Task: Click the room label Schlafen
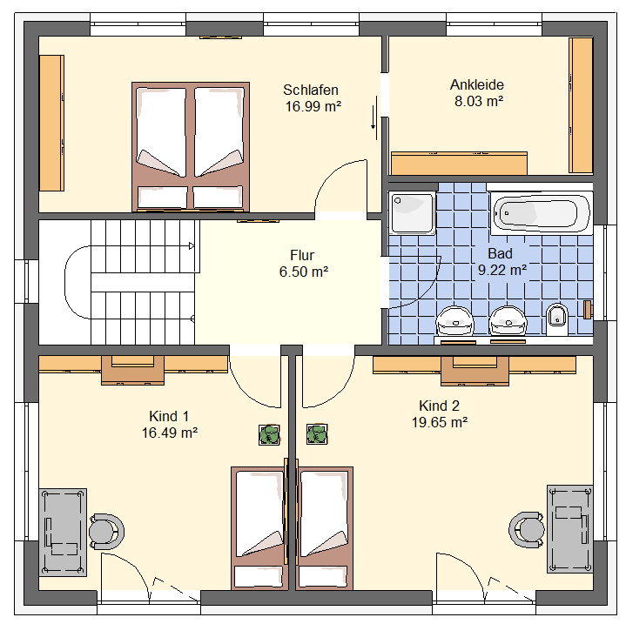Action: tap(311, 90)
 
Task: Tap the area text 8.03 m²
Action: tap(479, 101)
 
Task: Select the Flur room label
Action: tap(302, 255)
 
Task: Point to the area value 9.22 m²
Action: tap(502, 270)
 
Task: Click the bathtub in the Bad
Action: tap(542, 213)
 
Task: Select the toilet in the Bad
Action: tap(557, 319)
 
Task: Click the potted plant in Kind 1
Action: tap(269, 434)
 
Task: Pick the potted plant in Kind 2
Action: tap(317, 434)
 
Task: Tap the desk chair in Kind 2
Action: tap(527, 530)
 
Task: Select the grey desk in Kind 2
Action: tap(569, 529)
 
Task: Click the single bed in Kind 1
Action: tap(259, 528)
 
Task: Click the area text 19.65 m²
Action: tap(440, 422)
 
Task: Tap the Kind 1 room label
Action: tap(169, 416)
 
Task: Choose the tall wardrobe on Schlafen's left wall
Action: tap(51, 123)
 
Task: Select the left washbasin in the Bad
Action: tap(454, 320)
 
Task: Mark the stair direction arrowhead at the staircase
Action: tap(192, 245)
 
